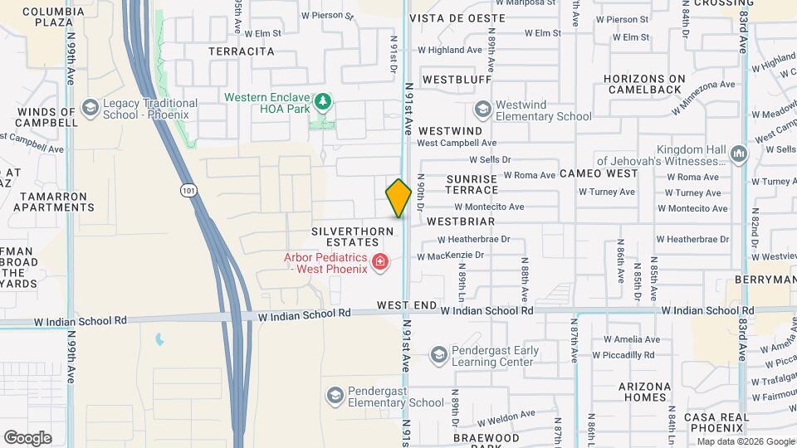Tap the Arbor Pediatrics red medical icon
[x=381, y=263]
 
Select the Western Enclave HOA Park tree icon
[x=323, y=103]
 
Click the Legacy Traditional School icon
[x=90, y=108]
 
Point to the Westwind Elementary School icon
[x=482, y=110]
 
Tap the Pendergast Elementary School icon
[x=335, y=395]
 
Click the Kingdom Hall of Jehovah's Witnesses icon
[x=738, y=153]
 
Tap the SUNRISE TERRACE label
[x=472, y=184]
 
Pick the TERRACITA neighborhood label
[x=241, y=51]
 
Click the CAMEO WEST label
[x=599, y=173]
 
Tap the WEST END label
[x=407, y=306]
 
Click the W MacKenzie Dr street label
[x=450, y=256]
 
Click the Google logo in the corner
[x=27, y=437]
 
